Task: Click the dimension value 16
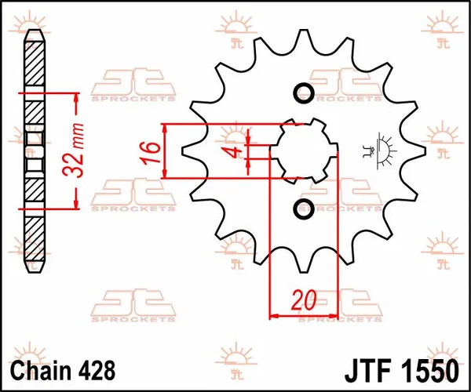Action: [152, 151]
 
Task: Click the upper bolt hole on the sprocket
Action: [304, 94]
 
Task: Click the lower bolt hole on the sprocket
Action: [304, 209]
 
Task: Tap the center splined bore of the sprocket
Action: [304, 151]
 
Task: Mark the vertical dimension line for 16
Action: [165, 151]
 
